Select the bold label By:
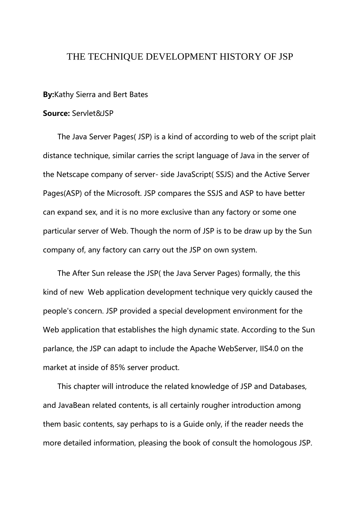point(49,95)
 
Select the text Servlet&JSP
point(93,114)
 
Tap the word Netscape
point(72,175)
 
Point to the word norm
point(171,231)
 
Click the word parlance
point(57,349)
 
